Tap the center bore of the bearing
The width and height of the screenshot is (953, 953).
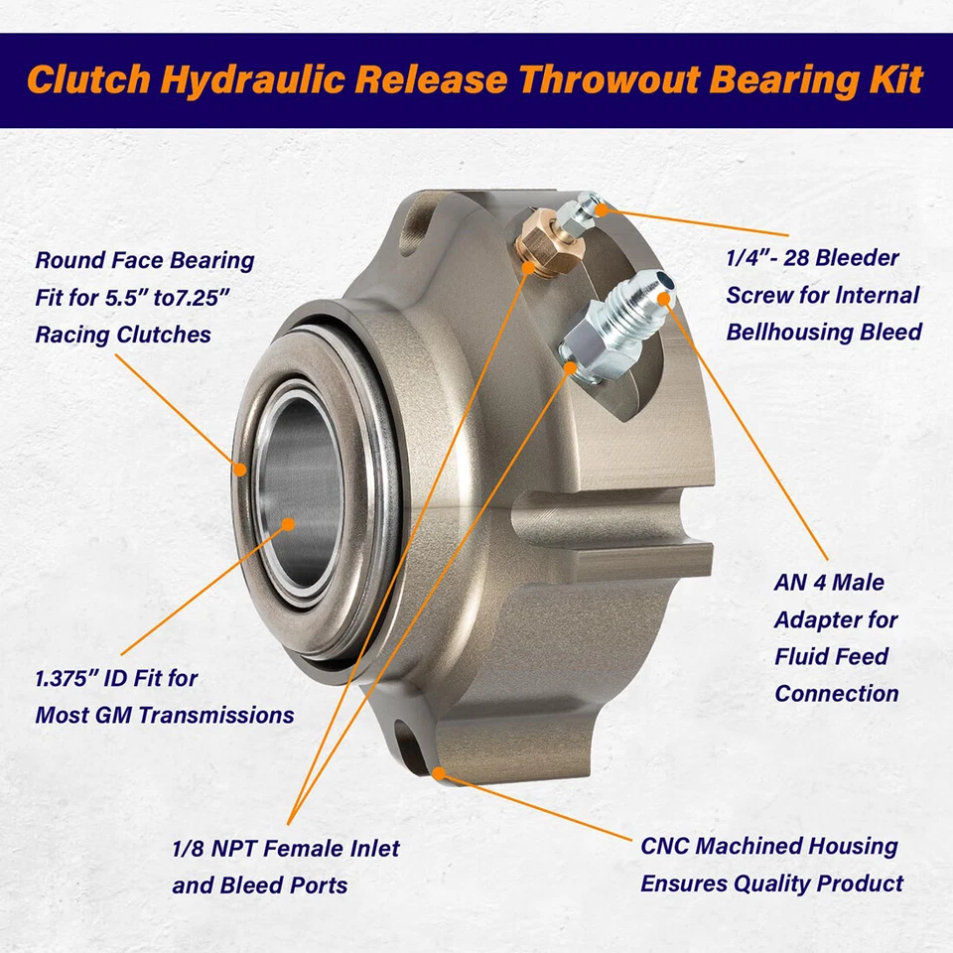[298, 496]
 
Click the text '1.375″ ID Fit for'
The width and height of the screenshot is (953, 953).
[116, 679]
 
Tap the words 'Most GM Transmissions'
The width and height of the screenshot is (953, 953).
[164, 715]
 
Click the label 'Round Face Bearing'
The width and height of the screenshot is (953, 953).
[145, 261]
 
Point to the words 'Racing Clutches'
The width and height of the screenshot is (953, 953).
[123, 335]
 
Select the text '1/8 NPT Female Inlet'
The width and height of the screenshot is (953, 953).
[286, 849]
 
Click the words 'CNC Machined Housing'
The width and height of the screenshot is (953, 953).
[769, 847]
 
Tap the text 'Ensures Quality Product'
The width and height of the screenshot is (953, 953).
[771, 884]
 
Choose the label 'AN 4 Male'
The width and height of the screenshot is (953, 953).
[829, 583]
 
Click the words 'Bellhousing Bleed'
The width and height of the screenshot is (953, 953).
[823, 332]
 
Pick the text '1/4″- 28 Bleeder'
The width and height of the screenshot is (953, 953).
[813, 258]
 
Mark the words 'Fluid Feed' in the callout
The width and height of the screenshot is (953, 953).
[832, 656]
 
